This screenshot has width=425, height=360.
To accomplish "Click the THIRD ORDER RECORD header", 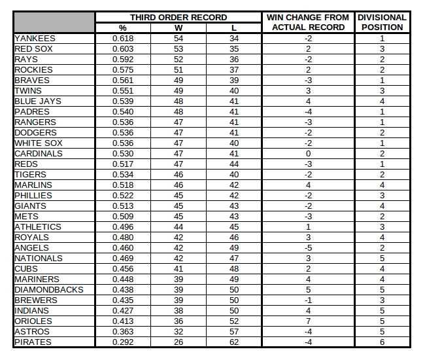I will tap(178, 18).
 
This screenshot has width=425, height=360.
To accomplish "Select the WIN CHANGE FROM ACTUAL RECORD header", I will tap(307, 22).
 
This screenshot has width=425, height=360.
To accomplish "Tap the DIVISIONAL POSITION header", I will tap(382, 22).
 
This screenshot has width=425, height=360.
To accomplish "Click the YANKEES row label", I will tap(35, 39).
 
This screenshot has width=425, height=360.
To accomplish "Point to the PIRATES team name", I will tap(33, 342).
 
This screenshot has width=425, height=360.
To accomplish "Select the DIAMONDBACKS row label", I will tap(49, 290).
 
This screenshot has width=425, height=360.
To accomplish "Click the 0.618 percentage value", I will tap(123, 39).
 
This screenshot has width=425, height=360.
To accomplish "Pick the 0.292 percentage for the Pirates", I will tap(123, 342).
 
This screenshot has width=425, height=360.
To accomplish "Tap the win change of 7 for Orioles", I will tap(307, 321).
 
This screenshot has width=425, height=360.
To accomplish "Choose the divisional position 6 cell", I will tap(382, 342).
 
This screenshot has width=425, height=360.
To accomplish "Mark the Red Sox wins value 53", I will tap(178, 49).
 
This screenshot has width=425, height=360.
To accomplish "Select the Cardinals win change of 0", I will tap(307, 154).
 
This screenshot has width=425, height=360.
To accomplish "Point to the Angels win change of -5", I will tap(307, 248).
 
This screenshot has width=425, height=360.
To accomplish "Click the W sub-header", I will tap(178, 28).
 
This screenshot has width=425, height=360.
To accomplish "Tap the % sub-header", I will tap(123, 28).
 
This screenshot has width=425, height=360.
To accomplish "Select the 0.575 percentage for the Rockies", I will tap(123, 70).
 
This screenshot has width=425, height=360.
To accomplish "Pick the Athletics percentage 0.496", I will tap(123, 227).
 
